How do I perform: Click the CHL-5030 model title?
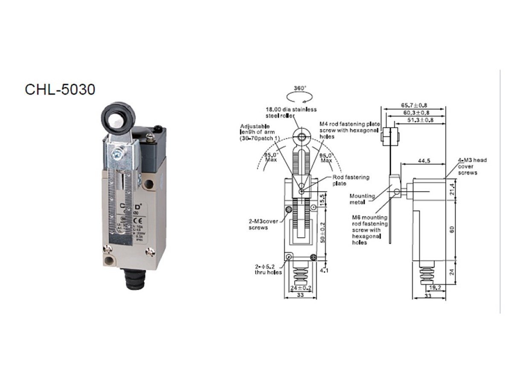pyautogui.click(x=60, y=89)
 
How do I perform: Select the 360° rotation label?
pyautogui.click(x=300, y=88)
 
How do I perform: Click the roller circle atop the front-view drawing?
pyautogui.click(x=302, y=137)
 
